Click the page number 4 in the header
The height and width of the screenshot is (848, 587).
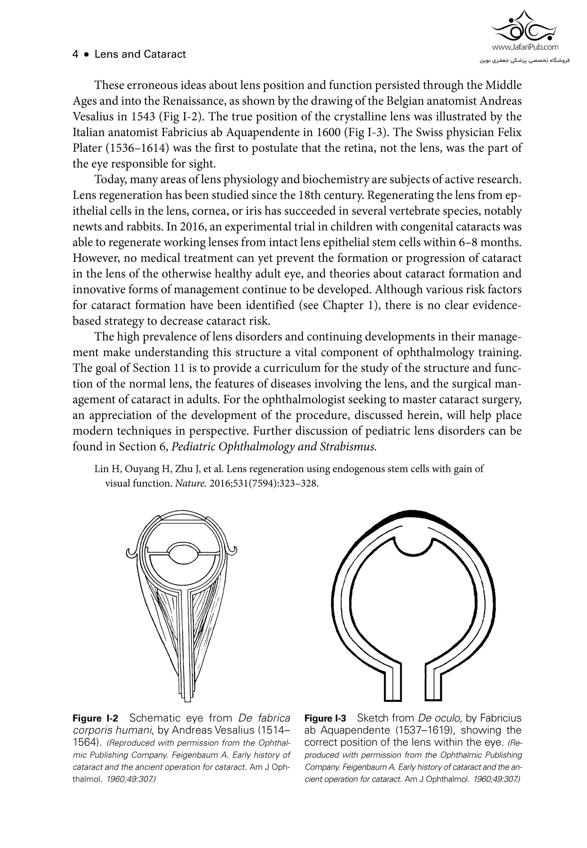pos(75,54)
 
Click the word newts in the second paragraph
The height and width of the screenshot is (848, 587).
pos(87,227)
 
